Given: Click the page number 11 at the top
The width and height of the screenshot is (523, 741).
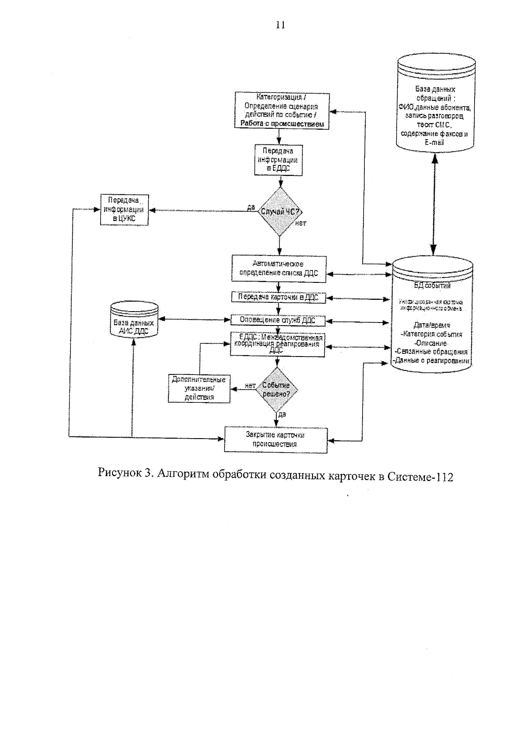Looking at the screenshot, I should [280, 25].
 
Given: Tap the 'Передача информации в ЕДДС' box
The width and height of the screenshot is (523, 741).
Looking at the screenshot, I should [278, 160].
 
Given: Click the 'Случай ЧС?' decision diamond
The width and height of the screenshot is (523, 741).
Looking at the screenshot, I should [279, 212].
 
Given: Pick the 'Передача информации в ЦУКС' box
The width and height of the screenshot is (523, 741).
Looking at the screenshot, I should [124, 210].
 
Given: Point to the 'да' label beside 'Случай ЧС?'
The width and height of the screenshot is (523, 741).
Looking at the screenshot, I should [251, 207].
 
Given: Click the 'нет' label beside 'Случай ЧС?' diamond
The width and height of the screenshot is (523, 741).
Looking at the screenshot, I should [301, 223].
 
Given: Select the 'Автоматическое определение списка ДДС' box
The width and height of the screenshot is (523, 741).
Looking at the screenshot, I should [279, 268].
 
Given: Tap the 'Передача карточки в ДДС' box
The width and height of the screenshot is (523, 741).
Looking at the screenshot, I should [278, 297].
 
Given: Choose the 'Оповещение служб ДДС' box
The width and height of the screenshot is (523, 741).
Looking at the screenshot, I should [278, 320].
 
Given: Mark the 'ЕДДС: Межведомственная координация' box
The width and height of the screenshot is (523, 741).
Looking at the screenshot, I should [278, 344].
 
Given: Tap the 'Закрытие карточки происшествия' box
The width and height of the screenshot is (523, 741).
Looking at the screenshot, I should [275, 439].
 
